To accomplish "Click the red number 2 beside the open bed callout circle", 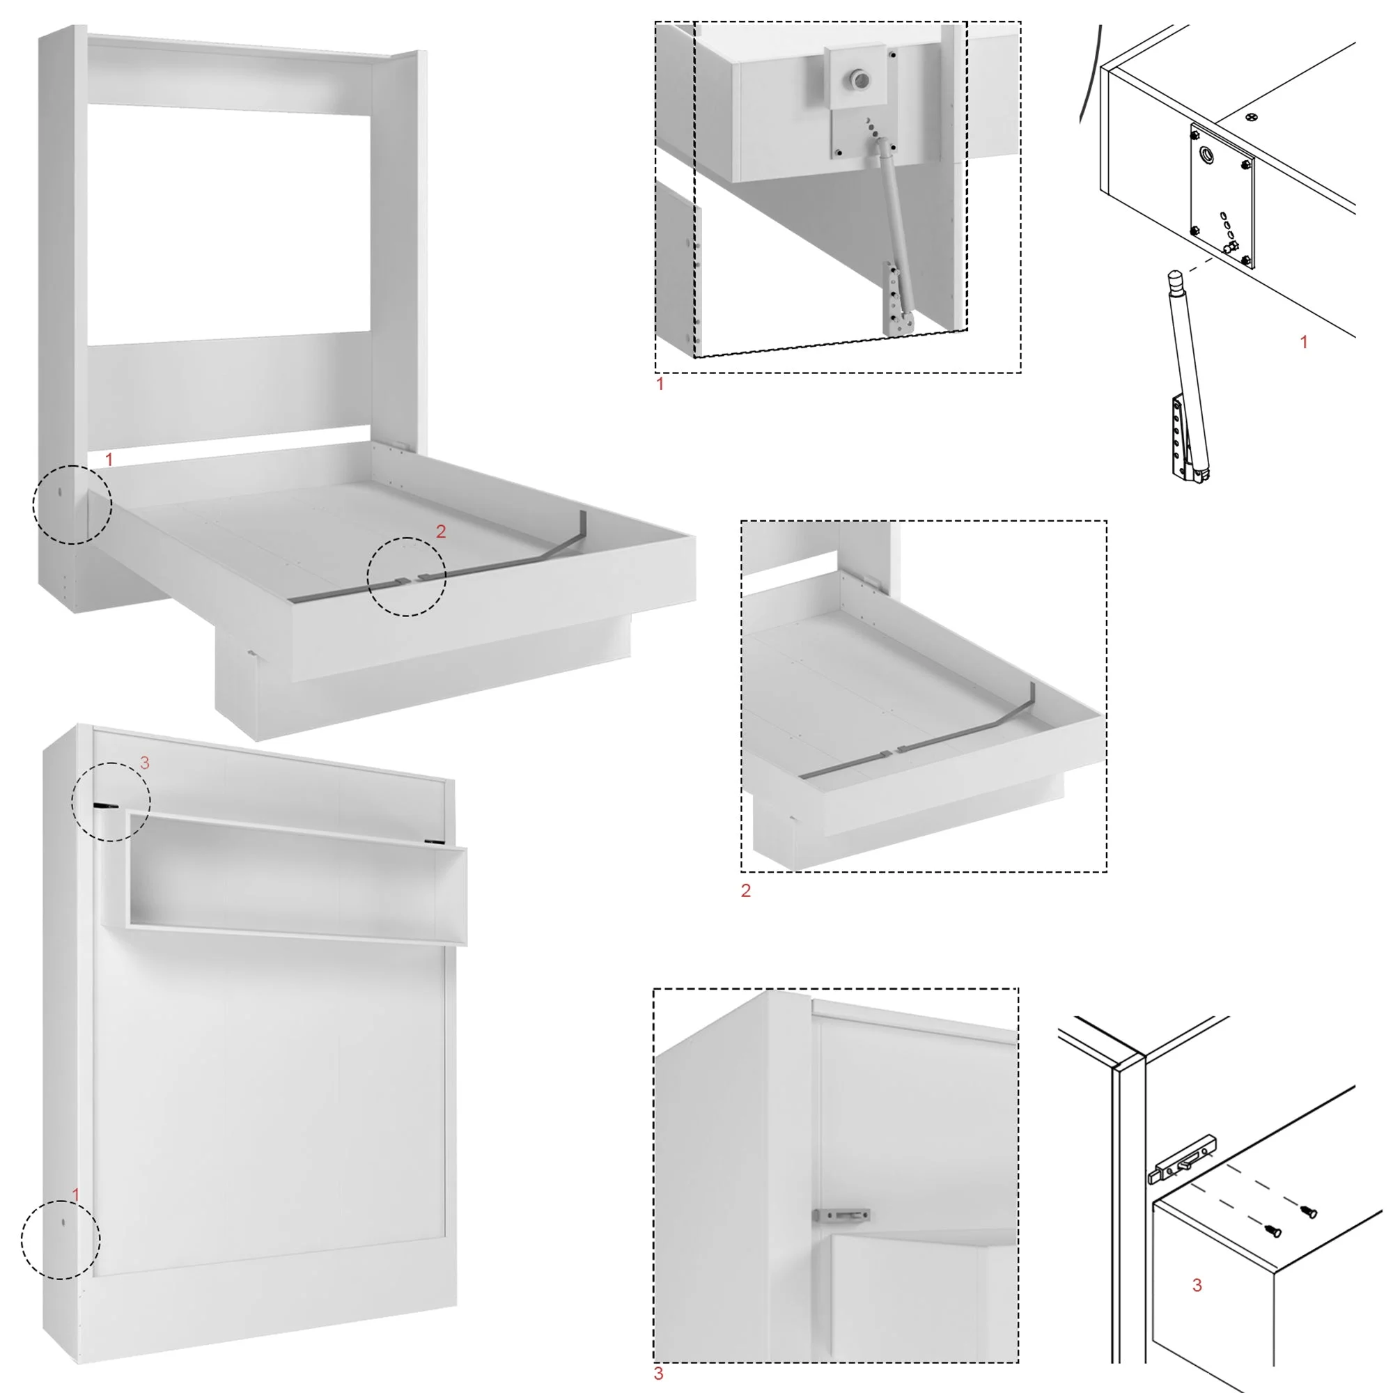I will [441, 531].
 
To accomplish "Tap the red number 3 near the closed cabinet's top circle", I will [145, 762].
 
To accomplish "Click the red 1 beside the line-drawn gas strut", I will [1303, 342].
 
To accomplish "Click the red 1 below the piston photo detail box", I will [660, 384].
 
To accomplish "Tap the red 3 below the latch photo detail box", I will [658, 1373].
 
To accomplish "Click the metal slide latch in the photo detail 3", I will [841, 1215].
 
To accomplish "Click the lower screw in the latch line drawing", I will [1274, 1231].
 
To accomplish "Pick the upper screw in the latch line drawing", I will [1309, 1212].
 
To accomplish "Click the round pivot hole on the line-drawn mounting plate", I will [1206, 153].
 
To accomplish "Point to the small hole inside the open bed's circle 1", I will [60, 492].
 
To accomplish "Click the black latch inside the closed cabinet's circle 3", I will [105, 805].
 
